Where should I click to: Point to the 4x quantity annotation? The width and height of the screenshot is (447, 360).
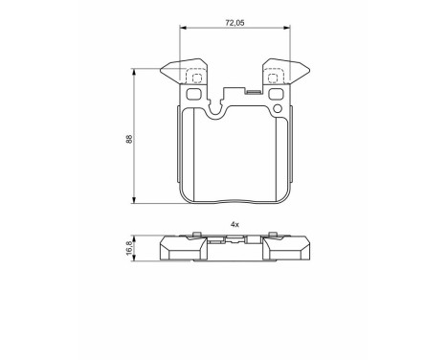click(x=235, y=225)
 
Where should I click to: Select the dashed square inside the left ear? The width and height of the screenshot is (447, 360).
click(x=194, y=77)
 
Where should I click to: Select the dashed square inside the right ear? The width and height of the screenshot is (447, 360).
click(x=274, y=77)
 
